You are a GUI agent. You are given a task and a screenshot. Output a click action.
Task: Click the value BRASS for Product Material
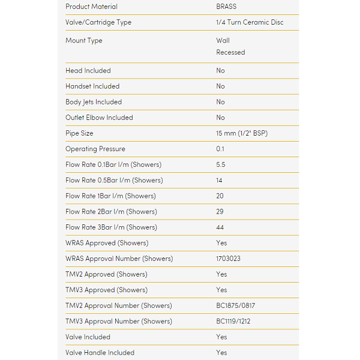tap(226, 7)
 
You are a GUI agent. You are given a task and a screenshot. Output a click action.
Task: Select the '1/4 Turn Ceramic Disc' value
tap(250, 22)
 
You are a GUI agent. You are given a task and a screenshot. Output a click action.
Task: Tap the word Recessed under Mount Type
tap(230, 52)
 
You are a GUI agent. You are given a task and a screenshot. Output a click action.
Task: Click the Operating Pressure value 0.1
tap(221, 149)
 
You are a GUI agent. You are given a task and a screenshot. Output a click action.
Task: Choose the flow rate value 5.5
tap(221, 164)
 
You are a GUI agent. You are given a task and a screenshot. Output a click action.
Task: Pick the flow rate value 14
tap(220, 180)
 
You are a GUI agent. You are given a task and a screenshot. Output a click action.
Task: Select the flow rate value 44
tap(220, 227)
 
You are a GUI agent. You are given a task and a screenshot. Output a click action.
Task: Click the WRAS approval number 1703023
tap(229, 259)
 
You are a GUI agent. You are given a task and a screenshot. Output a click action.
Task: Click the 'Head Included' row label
tap(88, 71)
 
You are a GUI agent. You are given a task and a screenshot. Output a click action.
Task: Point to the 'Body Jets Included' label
tap(93, 102)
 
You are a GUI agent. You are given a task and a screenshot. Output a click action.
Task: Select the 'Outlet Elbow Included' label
tap(99, 118)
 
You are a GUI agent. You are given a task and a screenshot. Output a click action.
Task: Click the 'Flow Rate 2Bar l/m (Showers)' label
tap(111, 212)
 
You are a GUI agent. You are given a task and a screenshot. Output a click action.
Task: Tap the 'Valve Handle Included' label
tap(100, 353)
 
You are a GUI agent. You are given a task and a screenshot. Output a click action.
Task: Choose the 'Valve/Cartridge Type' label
tap(98, 22)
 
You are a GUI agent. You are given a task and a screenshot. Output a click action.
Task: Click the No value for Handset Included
tap(220, 86)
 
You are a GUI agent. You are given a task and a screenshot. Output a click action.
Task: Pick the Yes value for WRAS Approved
tap(221, 243)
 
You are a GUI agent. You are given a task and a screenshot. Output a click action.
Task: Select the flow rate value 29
tap(220, 212)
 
